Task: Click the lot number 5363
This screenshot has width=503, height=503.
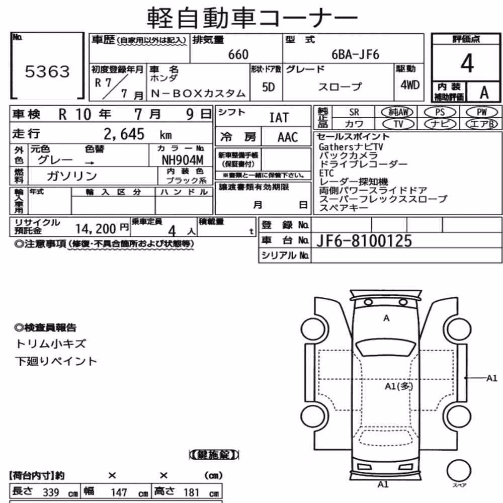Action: tap(47, 71)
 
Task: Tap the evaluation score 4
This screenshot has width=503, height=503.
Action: tap(467, 63)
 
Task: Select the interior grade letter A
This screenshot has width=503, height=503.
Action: tap(484, 93)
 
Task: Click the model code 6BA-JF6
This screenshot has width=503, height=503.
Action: tap(356, 54)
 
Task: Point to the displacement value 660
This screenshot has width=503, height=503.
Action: tap(238, 54)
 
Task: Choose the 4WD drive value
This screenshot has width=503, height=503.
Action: tap(410, 85)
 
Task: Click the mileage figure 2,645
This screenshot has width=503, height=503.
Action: tap(124, 134)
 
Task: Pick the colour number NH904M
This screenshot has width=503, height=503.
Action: tap(183, 160)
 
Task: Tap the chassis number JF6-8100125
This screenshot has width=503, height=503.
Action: tap(364, 240)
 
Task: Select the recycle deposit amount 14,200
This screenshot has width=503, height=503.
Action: tap(96, 229)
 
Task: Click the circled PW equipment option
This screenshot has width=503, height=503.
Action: tap(481, 112)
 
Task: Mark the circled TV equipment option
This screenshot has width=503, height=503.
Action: tap(398, 124)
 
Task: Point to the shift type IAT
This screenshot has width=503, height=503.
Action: tap(279, 117)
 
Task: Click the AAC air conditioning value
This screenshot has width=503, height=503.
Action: tap(288, 137)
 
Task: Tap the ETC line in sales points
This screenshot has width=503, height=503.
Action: tap(326, 173)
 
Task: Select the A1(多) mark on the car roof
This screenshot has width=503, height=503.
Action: tap(399, 386)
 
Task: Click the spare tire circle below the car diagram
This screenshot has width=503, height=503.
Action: tap(459, 471)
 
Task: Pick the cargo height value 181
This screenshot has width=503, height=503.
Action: tap(192, 492)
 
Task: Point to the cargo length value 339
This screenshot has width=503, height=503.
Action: tap(51, 492)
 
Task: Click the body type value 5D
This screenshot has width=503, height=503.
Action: tap(269, 87)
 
